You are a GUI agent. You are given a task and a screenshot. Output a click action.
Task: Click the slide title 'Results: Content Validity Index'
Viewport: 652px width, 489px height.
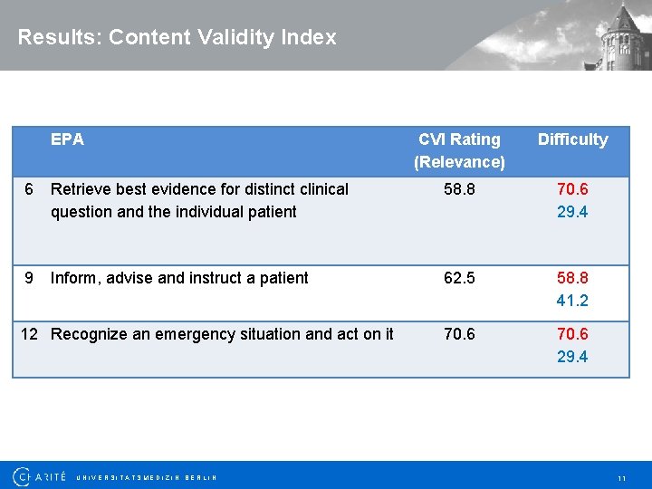click(177, 37)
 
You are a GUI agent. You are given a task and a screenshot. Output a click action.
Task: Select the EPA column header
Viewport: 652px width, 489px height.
click(67, 139)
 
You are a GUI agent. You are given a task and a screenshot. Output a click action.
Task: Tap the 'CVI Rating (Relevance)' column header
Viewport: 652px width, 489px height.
click(459, 150)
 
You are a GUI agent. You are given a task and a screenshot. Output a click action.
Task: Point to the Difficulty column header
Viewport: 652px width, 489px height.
click(572, 139)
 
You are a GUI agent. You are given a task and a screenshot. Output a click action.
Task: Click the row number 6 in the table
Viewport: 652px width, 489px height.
click(30, 189)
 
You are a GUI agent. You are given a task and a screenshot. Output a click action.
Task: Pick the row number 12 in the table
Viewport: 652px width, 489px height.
click(30, 334)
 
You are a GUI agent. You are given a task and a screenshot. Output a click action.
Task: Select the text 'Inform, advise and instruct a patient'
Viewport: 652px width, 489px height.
click(179, 278)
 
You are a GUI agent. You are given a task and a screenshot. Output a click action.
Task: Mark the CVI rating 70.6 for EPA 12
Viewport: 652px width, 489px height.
click(458, 334)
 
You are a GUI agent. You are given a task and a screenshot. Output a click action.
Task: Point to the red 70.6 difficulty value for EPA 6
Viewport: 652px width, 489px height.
click(572, 189)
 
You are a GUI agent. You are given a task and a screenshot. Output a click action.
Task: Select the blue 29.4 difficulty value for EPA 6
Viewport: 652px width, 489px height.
click(572, 212)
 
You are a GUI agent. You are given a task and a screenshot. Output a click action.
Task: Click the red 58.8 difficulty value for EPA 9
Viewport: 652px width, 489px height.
click(572, 278)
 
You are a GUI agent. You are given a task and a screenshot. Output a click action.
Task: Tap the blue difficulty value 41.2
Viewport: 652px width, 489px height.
click(572, 301)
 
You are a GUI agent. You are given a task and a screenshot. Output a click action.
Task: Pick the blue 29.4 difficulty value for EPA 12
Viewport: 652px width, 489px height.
click(572, 357)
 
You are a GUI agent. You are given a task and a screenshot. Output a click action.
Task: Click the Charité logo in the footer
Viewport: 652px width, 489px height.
click(40, 476)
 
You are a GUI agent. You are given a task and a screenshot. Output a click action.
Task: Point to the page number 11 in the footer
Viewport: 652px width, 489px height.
click(621, 477)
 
